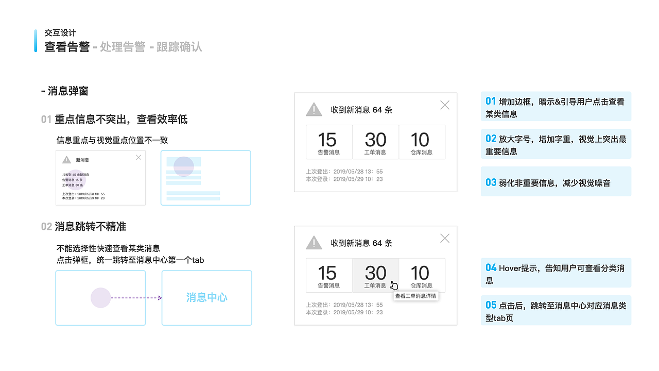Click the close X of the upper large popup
[x=445, y=105]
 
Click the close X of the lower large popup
[x=445, y=238]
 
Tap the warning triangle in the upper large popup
[x=314, y=110]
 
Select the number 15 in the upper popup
[x=327, y=140]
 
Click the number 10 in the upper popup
[x=420, y=140]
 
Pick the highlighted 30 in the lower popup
[x=375, y=273]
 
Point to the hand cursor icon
[x=394, y=285]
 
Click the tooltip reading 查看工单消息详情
[x=415, y=296]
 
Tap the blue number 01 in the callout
[x=491, y=102]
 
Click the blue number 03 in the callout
[x=491, y=182]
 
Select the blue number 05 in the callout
[x=491, y=305]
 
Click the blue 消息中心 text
[x=206, y=298]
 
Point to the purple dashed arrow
[x=136, y=298]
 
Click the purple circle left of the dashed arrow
[x=100, y=298]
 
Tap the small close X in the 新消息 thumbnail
[x=138, y=157]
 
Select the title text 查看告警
[x=67, y=47]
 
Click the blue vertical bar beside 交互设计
[x=36, y=41]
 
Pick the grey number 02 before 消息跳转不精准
[x=46, y=227]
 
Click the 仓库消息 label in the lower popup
[x=421, y=285]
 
